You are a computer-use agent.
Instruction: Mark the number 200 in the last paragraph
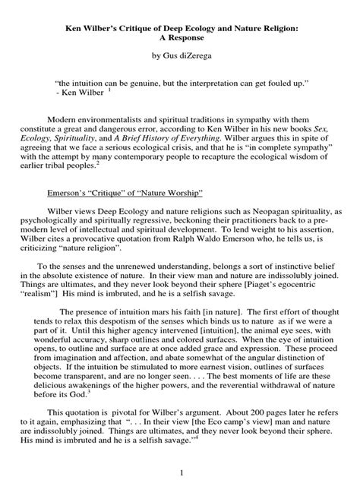(271, 430)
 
